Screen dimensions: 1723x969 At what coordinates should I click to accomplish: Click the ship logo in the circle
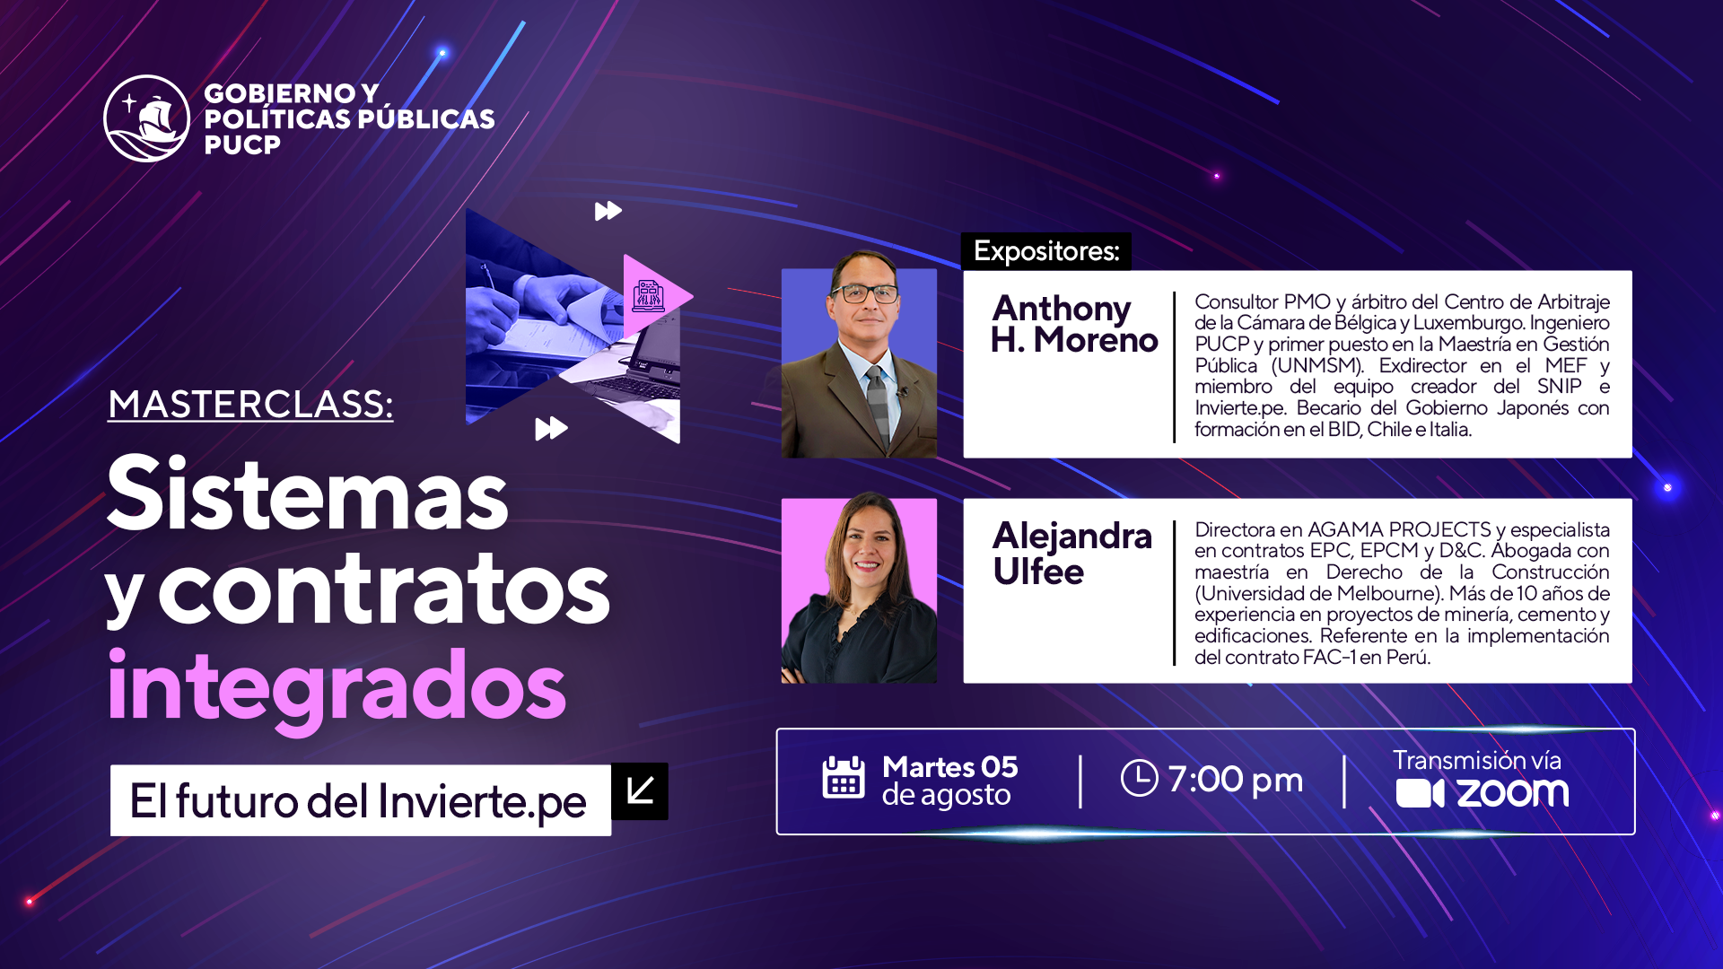coord(146,118)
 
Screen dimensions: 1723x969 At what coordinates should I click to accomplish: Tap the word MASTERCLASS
coord(250,405)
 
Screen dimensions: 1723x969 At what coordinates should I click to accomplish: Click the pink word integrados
coord(337,688)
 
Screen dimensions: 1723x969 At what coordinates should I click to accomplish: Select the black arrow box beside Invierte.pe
coord(640,791)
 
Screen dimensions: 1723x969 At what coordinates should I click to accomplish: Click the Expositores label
coord(1046,251)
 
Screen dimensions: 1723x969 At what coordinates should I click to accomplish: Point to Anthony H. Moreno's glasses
coord(864,292)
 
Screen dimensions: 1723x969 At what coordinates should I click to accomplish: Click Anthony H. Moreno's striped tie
coord(878,406)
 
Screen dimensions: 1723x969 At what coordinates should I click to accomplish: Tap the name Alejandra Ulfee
coord(1071,554)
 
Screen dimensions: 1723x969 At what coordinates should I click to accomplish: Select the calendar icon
coord(844,778)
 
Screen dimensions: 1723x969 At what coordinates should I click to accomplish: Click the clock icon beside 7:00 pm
coord(1140,778)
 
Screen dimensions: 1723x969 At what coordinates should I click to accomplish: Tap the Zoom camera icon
coord(1420,794)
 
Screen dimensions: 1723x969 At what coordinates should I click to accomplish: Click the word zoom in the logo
coord(1513,793)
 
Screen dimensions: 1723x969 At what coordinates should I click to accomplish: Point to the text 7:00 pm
coord(1235,779)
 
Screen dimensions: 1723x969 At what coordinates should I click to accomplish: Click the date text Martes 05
coord(950,767)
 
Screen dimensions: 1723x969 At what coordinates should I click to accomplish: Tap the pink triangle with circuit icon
coord(652,295)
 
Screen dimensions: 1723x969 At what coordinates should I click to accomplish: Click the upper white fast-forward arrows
coord(608,211)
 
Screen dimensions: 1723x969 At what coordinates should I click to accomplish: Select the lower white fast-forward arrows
coord(551,429)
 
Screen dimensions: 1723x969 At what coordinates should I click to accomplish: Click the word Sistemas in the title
coord(308,493)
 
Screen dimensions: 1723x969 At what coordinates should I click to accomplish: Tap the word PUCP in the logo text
coord(242,144)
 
